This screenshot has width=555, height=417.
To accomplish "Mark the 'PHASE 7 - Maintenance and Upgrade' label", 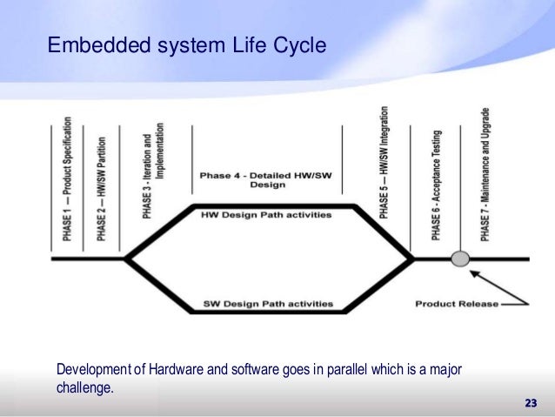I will point(485,174).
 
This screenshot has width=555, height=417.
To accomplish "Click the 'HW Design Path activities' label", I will point(267,214).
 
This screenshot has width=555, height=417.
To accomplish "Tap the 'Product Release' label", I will point(457,304).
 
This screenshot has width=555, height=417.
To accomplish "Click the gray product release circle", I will point(461,259).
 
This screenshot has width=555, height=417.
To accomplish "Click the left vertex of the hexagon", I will point(126,259).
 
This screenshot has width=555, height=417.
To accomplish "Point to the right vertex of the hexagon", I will point(413,259).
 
